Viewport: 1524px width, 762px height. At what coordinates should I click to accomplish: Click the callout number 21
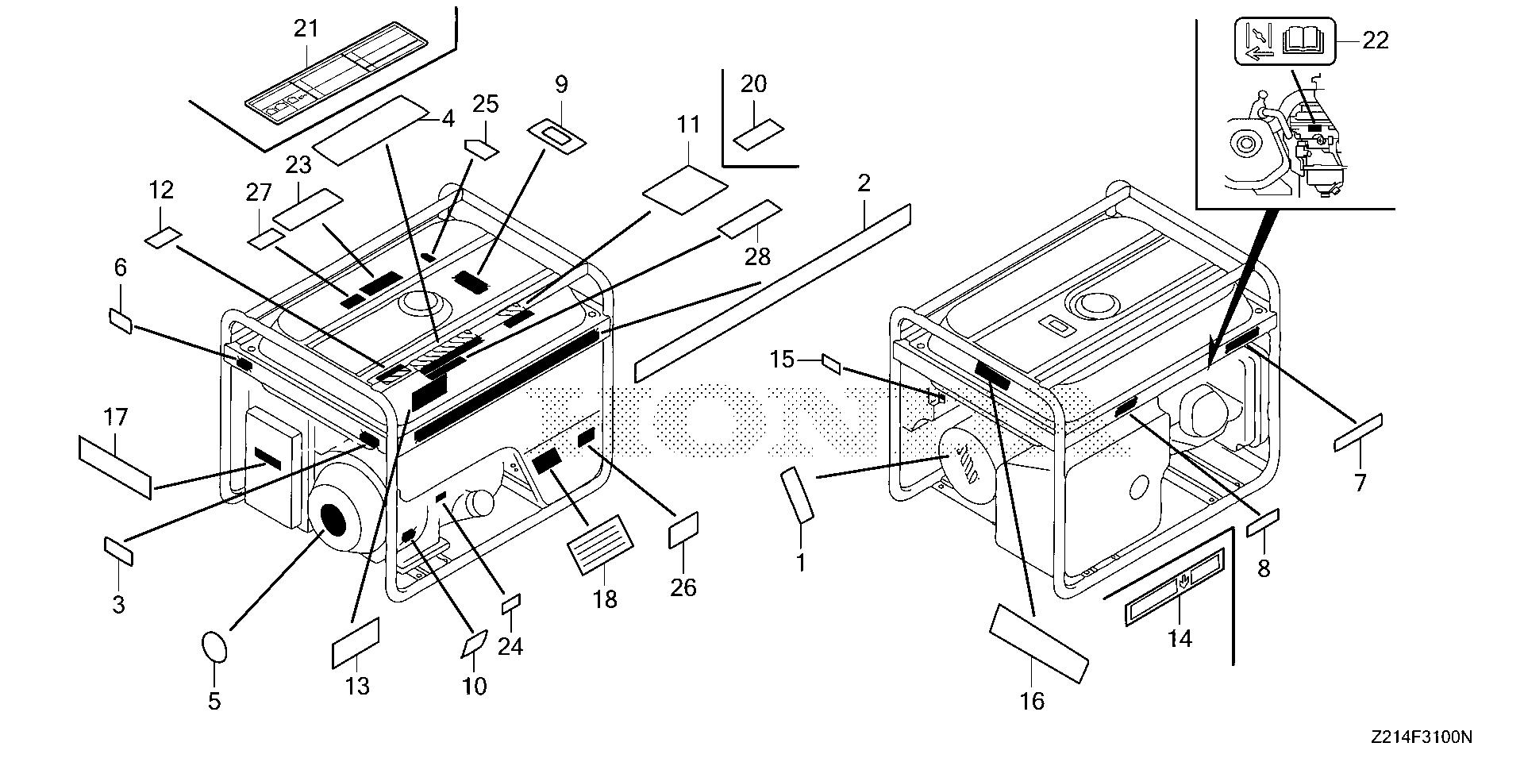point(306,29)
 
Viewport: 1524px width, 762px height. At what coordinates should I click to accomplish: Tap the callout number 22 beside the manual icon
point(1375,40)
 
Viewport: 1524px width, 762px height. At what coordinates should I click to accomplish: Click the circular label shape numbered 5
point(216,646)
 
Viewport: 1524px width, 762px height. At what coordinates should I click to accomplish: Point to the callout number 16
point(1033,701)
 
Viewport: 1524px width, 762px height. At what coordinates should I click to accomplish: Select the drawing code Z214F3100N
point(1420,738)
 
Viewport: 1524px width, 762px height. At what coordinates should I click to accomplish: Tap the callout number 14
point(1180,638)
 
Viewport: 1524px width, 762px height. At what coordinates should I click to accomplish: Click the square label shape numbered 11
point(685,189)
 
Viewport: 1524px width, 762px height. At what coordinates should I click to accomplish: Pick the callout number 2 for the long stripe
point(864,183)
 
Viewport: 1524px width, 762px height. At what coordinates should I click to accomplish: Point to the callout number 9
point(561,84)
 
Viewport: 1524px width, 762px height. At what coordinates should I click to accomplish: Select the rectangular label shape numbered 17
point(115,467)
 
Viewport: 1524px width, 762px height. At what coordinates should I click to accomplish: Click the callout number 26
point(683,587)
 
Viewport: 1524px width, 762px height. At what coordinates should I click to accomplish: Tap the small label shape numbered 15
point(833,364)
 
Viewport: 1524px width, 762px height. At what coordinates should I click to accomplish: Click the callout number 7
point(1360,483)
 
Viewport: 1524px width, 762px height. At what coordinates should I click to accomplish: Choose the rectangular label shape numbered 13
point(355,645)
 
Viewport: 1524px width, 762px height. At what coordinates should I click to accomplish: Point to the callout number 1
point(801,563)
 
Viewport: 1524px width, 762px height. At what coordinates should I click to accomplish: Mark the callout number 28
point(757,256)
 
